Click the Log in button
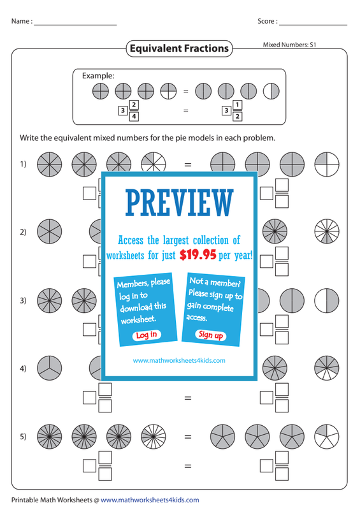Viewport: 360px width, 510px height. (147, 335)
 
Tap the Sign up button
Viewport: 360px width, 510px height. (211, 335)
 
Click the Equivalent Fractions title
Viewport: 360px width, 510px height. (179, 48)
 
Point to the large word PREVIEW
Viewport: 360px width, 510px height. (180, 203)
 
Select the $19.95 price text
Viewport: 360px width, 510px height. (198, 255)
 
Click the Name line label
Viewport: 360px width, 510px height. (22, 21)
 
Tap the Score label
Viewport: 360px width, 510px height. (268, 21)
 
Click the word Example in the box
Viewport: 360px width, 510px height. (98, 76)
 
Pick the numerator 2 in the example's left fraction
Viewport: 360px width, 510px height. (134, 105)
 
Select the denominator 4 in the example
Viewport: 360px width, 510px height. (134, 116)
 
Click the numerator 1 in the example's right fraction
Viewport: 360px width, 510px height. (238, 105)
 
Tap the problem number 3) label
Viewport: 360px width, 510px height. (23, 300)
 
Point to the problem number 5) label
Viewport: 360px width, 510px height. (23, 436)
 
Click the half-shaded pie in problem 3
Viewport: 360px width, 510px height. (327, 300)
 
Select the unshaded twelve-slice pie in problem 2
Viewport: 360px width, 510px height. (327, 231)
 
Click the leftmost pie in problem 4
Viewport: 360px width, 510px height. (50, 368)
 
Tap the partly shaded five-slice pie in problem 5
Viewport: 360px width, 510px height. (327, 437)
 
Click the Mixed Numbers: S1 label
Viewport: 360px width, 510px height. (289, 45)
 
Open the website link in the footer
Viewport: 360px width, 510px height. (150, 500)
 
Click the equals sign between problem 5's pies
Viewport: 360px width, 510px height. (188, 437)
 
